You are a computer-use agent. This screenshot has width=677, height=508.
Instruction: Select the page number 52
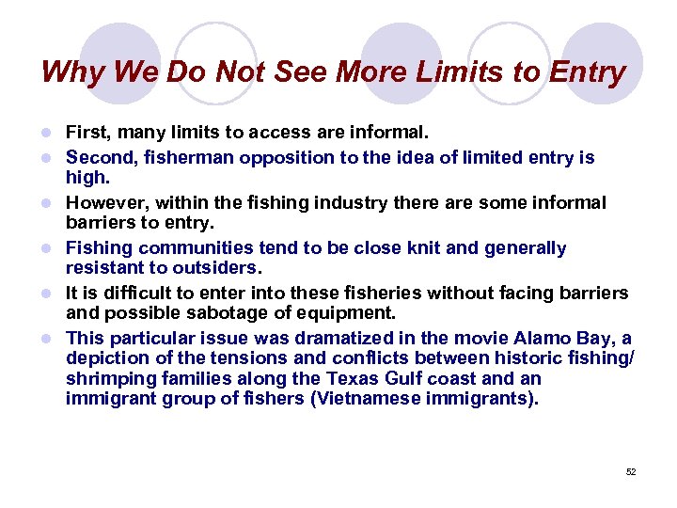click(x=631, y=472)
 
